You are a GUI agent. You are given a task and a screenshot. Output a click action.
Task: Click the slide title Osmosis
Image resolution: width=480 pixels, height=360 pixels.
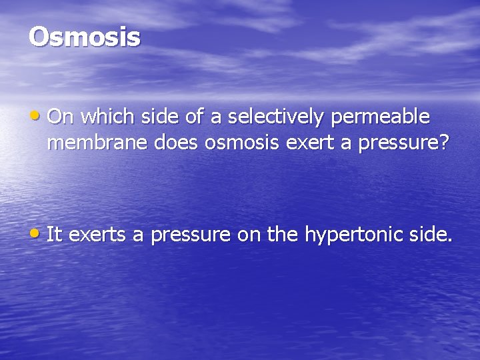click(85, 37)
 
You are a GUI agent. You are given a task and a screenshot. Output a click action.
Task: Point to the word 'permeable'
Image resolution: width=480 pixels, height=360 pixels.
click(381, 117)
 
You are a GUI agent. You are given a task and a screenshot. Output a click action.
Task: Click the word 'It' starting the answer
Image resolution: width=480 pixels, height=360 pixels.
click(55, 234)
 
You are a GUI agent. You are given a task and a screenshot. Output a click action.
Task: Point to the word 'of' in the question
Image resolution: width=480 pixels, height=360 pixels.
click(197, 117)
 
